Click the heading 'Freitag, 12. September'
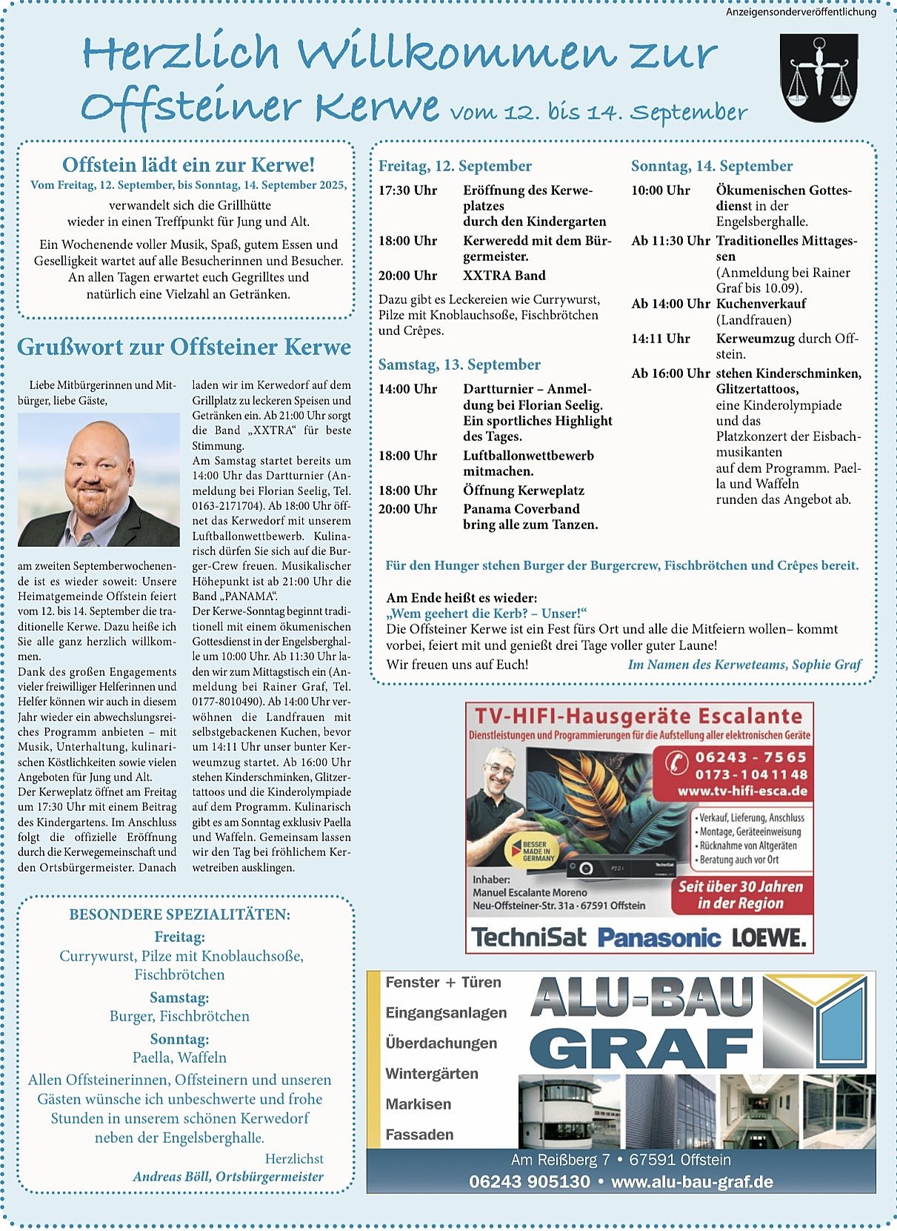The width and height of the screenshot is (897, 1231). (x=455, y=166)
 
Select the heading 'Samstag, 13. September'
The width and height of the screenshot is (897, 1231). (x=459, y=365)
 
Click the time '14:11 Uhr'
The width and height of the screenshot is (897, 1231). (x=661, y=339)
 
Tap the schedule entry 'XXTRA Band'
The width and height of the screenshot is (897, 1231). (x=504, y=276)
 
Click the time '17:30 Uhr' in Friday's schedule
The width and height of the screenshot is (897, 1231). (x=407, y=190)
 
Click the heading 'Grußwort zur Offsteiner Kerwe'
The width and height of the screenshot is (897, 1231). (x=184, y=347)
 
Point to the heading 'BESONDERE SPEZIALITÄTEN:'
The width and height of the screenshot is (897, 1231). (x=180, y=915)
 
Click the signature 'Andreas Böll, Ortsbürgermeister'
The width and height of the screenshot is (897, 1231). (x=228, y=1176)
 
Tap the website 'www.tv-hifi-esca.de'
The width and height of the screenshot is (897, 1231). (x=742, y=791)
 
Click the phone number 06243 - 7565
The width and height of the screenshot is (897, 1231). (x=750, y=757)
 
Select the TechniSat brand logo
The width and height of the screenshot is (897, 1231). (x=529, y=938)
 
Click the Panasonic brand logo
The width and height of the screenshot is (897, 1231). (x=658, y=938)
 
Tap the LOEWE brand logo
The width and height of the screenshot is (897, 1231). (x=769, y=938)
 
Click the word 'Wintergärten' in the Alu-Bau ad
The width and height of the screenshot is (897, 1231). (x=432, y=1073)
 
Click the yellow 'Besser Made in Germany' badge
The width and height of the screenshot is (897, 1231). (x=540, y=851)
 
